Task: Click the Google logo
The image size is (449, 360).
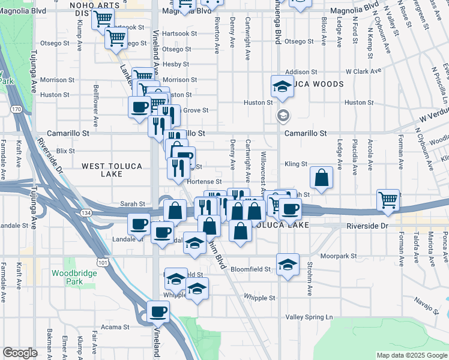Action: pyautogui.click(x=20, y=353)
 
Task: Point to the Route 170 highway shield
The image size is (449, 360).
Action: pyautogui.click(x=16, y=109)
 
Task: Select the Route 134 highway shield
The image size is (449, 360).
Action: pyautogui.click(x=86, y=212)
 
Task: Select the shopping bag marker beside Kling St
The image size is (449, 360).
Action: pyautogui.click(x=322, y=177)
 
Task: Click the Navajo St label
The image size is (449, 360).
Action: pyautogui.click(x=427, y=304)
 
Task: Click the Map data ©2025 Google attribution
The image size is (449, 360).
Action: pyautogui.click(x=412, y=355)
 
